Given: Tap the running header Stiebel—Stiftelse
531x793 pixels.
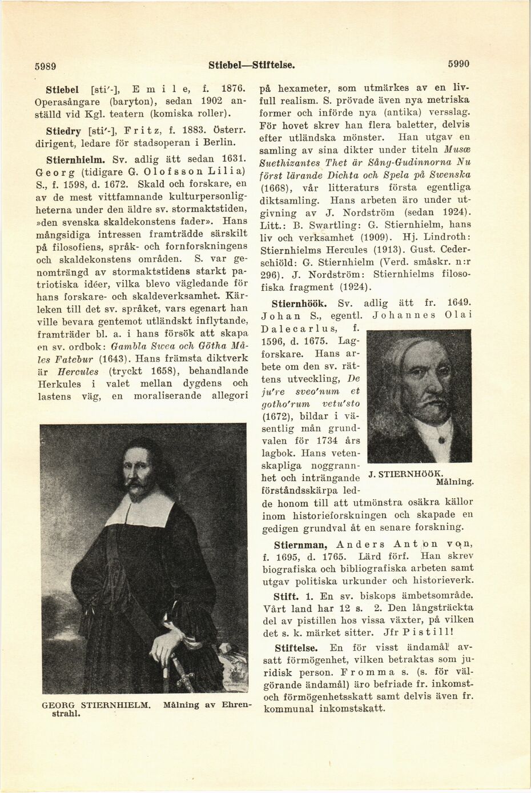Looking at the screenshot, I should tap(252, 65).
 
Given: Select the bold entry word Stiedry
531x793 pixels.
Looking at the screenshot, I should tap(63, 127).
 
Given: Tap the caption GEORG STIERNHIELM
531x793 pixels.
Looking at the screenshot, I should tap(96, 705).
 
